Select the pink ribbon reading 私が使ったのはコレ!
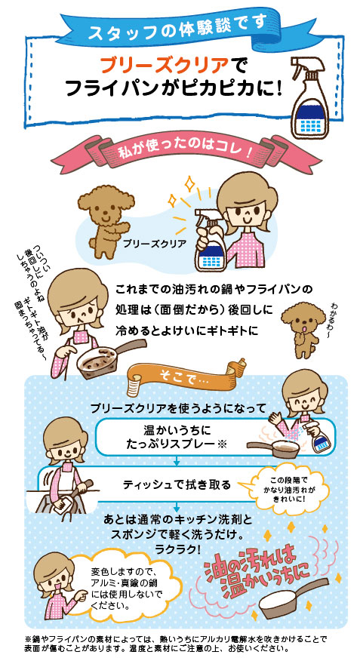(x=181, y=152)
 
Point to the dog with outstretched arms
(x=105, y=220)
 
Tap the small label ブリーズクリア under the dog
(x=155, y=244)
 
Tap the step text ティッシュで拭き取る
(x=177, y=484)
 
